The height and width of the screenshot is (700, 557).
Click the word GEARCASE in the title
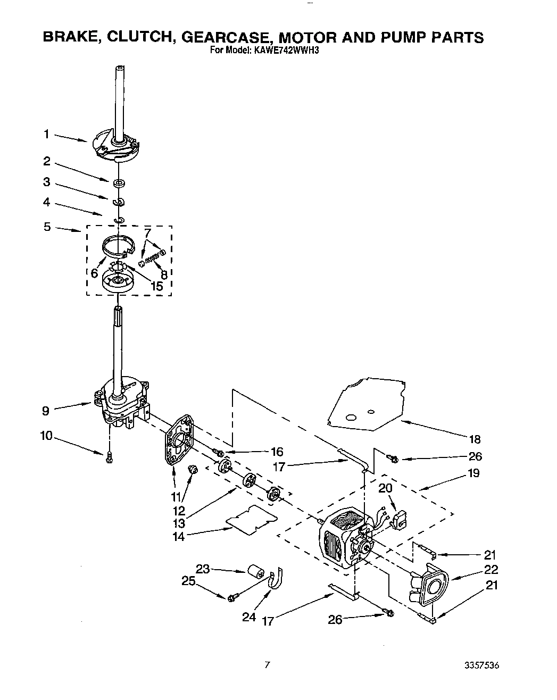[227, 37]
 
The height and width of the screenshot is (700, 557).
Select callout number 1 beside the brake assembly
[47, 135]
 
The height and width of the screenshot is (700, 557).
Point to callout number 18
[474, 439]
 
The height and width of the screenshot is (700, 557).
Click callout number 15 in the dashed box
[156, 286]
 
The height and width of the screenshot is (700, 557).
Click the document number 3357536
[481, 665]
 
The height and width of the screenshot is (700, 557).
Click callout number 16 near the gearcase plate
[277, 452]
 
